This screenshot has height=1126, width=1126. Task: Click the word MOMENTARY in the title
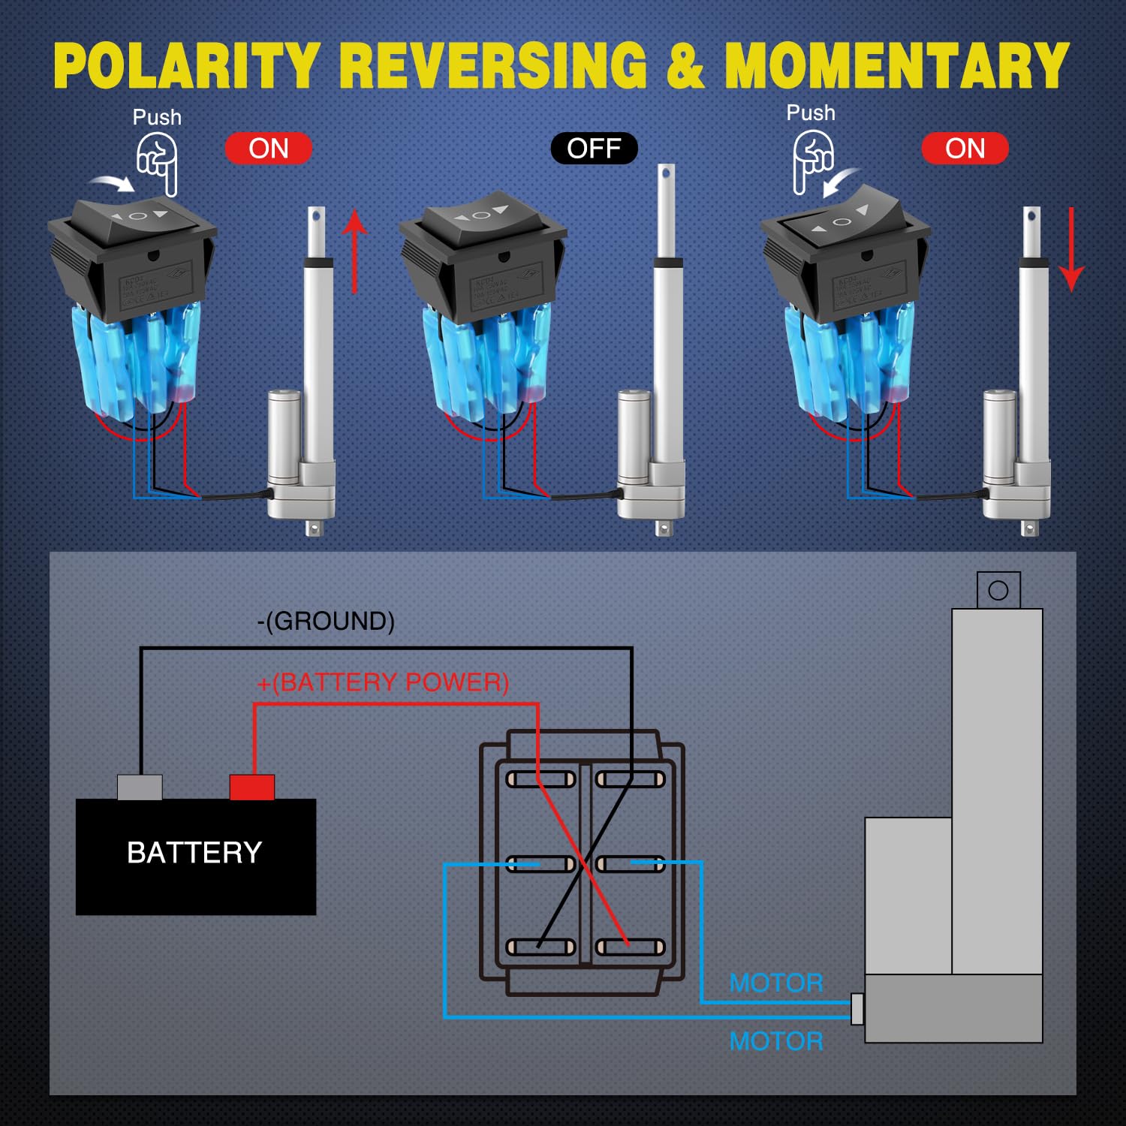point(896,66)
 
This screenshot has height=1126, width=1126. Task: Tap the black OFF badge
point(594,149)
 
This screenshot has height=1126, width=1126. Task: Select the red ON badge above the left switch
point(269,149)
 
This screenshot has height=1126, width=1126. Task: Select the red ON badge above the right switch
point(965,149)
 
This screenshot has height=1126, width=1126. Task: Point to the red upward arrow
point(354,251)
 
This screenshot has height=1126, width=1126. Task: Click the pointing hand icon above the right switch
point(813,161)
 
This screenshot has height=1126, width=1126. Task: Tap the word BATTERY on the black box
point(194,853)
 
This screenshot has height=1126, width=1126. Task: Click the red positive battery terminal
point(252,787)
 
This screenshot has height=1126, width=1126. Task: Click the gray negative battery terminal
point(140,787)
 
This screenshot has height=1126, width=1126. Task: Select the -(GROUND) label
point(326,622)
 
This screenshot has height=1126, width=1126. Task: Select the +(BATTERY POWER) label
point(383,682)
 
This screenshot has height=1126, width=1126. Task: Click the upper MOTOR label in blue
point(776,983)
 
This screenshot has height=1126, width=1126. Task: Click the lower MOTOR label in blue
point(776,1041)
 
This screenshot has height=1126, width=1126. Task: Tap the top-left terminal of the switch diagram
point(540,779)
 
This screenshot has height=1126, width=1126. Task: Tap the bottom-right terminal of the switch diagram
point(631,947)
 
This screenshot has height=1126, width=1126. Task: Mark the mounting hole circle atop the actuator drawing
point(998,590)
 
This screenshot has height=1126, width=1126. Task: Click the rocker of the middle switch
point(481,215)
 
